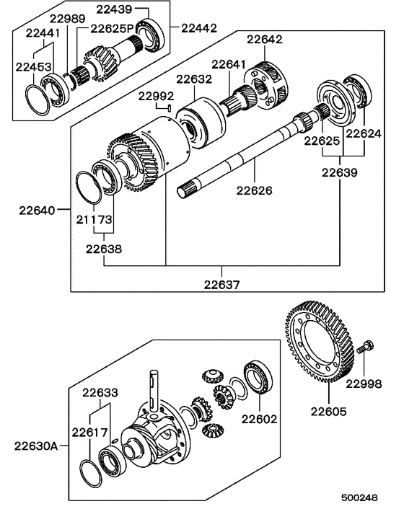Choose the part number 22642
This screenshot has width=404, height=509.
(265, 40)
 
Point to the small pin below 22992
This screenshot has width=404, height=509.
(168, 108)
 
